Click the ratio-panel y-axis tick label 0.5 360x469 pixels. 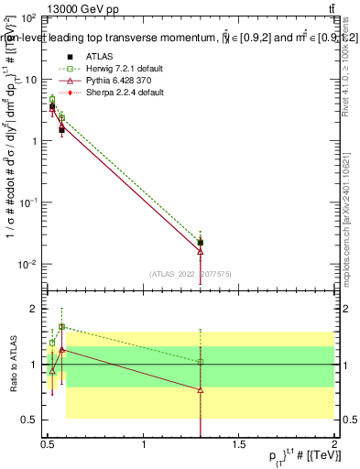tap(27, 420)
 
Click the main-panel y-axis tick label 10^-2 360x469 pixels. tap(26, 264)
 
